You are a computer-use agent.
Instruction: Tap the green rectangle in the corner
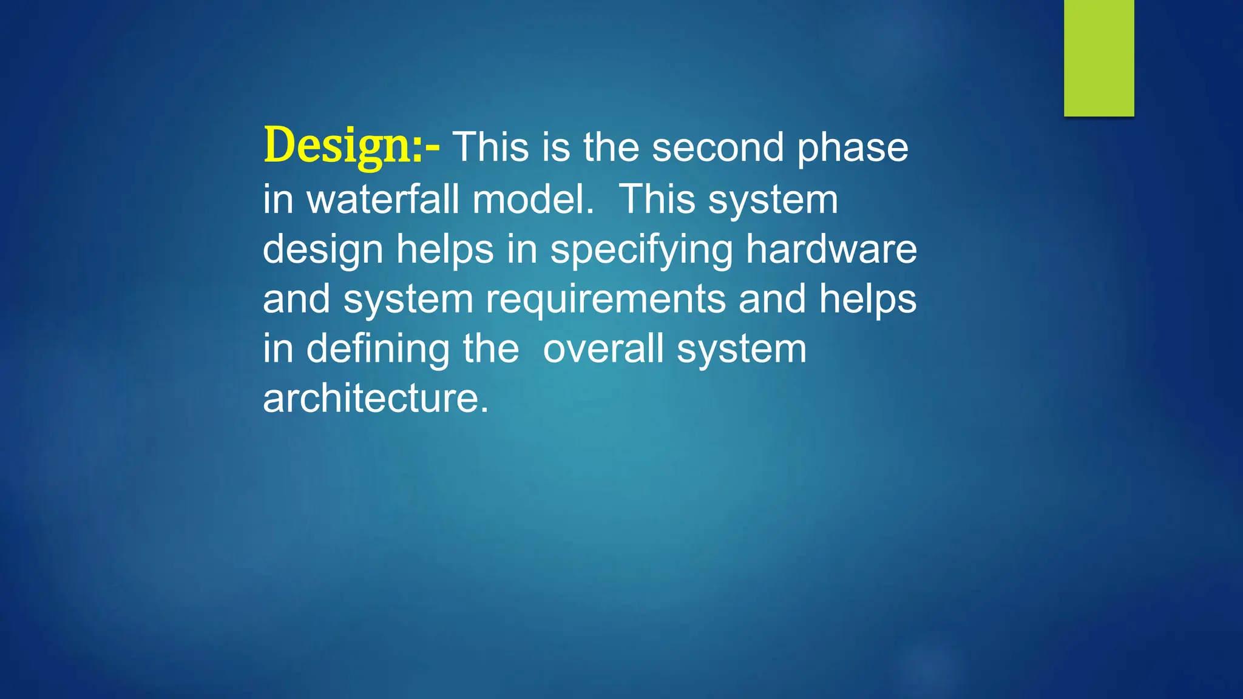click(1099, 58)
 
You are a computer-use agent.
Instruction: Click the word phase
click(852, 149)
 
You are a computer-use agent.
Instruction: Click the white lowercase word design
click(322, 250)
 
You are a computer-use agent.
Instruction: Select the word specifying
click(642, 250)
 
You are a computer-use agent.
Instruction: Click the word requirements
click(606, 300)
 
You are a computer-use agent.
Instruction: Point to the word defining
click(378, 349)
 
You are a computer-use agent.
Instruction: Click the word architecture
click(375, 399)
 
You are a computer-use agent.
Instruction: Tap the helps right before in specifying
click(445, 250)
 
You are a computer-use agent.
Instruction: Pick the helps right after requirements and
click(867, 300)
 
